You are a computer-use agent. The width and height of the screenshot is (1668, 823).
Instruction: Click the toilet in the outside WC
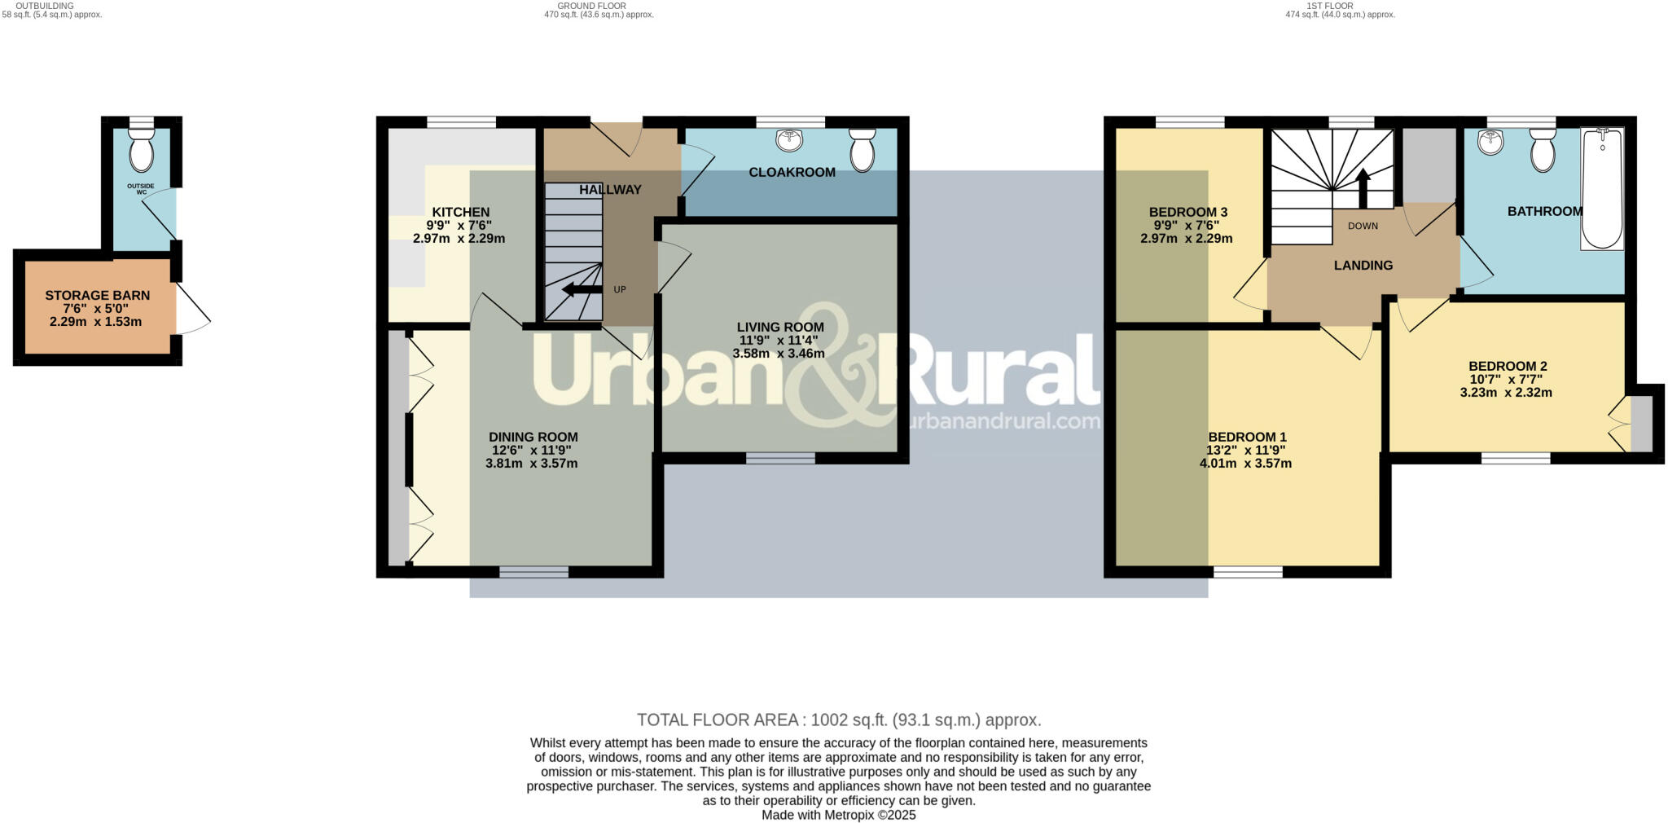click(141, 152)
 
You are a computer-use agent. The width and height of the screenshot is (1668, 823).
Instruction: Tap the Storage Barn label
click(97, 296)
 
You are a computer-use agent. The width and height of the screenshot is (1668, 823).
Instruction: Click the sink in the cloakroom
click(789, 141)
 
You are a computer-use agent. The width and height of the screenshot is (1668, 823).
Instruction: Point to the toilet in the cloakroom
click(862, 151)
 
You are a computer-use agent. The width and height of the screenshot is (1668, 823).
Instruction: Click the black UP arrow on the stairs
click(581, 289)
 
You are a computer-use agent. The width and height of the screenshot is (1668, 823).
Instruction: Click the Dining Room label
click(533, 438)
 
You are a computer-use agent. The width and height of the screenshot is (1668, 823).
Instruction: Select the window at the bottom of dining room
click(533, 572)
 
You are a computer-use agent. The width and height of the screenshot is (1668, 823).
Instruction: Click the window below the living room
click(780, 459)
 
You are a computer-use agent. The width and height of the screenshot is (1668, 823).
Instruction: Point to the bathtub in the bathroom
click(1601, 189)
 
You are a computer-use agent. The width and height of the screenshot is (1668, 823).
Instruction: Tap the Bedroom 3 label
click(1187, 213)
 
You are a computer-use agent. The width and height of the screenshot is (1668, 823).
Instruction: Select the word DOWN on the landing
click(1363, 226)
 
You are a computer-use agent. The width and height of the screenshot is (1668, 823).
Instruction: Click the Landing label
click(1363, 266)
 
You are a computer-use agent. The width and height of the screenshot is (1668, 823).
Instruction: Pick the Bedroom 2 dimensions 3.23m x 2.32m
click(1505, 393)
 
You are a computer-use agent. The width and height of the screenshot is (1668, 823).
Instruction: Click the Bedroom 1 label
click(1246, 437)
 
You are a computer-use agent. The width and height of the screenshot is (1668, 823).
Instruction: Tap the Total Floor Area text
click(838, 720)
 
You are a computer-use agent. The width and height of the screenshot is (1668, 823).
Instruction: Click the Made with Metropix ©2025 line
click(838, 815)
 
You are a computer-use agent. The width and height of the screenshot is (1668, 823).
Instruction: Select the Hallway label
click(610, 190)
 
